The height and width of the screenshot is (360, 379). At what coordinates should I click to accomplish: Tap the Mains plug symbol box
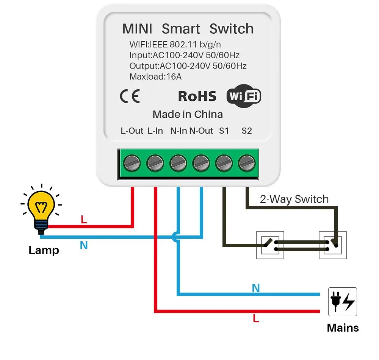[342, 301]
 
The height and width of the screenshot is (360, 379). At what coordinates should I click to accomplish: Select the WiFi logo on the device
[244, 97]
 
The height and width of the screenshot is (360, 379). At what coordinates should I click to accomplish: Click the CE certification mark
[130, 97]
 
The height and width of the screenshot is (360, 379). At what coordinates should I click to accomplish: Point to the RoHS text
[197, 97]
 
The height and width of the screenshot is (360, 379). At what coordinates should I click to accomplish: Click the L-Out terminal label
[132, 131]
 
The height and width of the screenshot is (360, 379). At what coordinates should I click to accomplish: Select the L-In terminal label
[155, 131]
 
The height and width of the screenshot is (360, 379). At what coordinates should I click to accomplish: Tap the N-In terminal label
[178, 131]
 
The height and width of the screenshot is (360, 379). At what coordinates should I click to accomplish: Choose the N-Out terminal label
[201, 131]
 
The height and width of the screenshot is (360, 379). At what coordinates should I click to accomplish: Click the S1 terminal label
[224, 131]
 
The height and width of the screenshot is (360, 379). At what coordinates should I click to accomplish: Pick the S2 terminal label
[247, 131]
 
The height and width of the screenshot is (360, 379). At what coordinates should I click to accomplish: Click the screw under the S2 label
[247, 164]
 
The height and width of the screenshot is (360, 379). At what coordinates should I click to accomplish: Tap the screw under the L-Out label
[132, 164]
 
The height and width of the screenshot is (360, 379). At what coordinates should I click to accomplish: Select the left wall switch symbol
[270, 245]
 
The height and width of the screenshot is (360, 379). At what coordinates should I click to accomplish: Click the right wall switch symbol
[333, 245]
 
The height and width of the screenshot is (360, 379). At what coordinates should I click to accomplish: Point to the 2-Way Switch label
[294, 199]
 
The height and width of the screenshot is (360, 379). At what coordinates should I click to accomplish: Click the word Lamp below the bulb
[44, 250]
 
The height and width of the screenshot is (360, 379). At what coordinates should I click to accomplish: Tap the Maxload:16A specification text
[155, 77]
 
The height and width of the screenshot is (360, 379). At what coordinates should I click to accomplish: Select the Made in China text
[188, 114]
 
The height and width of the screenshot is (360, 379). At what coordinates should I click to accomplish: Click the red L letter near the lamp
[84, 220]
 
